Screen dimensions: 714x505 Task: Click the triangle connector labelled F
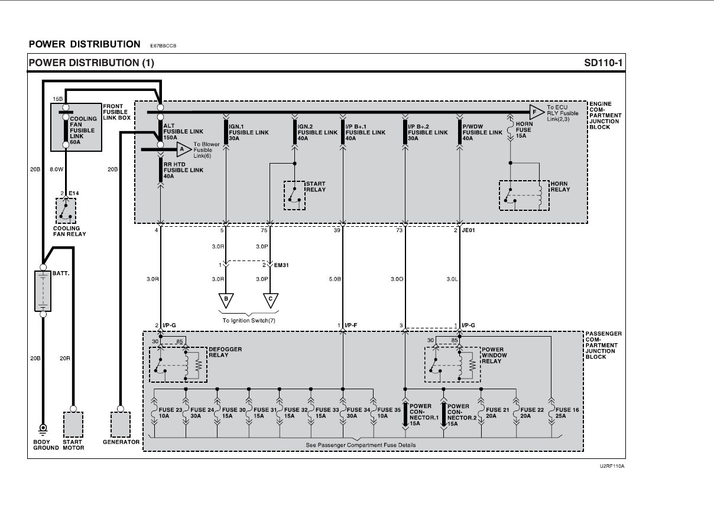[537, 112]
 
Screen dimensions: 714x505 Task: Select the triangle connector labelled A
[184, 149]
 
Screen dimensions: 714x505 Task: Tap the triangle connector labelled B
[226, 301]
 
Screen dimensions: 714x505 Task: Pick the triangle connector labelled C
[271, 301]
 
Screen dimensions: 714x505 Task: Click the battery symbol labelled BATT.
[43, 291]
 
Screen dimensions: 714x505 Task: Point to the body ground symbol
[43, 429]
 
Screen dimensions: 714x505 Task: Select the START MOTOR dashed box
[73, 425]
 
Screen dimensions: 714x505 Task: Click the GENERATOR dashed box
[121, 425]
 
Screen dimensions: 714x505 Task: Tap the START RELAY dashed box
[294, 196]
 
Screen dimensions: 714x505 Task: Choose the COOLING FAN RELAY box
[66, 211]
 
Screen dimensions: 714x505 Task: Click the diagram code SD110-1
[603, 63]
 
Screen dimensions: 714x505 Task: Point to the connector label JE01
[468, 230]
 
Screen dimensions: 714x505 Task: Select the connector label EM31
[281, 265]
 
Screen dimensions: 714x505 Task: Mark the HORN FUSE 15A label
[524, 130]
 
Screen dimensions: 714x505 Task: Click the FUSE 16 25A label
[567, 413]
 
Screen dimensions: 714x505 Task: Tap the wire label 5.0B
[335, 279]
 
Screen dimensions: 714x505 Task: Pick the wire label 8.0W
[56, 170]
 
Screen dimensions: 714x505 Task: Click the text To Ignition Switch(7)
[249, 321]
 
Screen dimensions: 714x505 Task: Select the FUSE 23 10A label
[170, 413]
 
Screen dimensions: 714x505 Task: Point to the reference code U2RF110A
[612, 466]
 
